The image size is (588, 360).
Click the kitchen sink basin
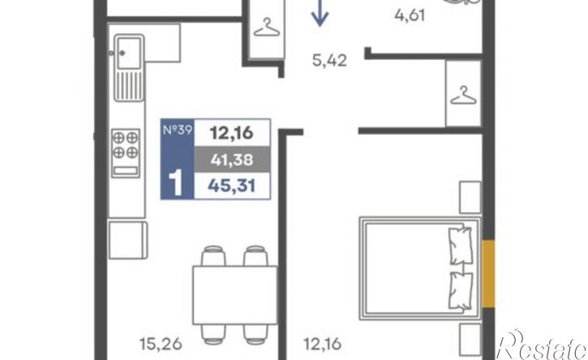pos(129,53)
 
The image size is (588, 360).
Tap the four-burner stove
pos(126,153)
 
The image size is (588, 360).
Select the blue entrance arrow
pos(320,13)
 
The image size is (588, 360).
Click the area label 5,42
pos(329,60)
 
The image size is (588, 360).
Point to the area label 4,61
pos(410,15)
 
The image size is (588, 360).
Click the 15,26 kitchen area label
pos(161,344)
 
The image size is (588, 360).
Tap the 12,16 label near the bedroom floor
pos(322,344)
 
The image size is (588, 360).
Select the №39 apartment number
pos(178,130)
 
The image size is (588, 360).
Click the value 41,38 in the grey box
pos(232,160)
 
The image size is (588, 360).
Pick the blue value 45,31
pos(232,186)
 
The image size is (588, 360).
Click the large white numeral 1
pos(175,182)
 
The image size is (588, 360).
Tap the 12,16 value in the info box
pos(232,133)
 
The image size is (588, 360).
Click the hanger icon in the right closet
pos(463,95)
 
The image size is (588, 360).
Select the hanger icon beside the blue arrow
pos(267,28)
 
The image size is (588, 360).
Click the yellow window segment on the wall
pos(488,274)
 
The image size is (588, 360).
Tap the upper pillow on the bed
pos(460,246)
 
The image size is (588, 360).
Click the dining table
pos(235,295)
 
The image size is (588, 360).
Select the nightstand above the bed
pos(470,197)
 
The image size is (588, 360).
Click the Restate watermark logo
pos(543,345)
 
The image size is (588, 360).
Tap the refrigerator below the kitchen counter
pos(128,240)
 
